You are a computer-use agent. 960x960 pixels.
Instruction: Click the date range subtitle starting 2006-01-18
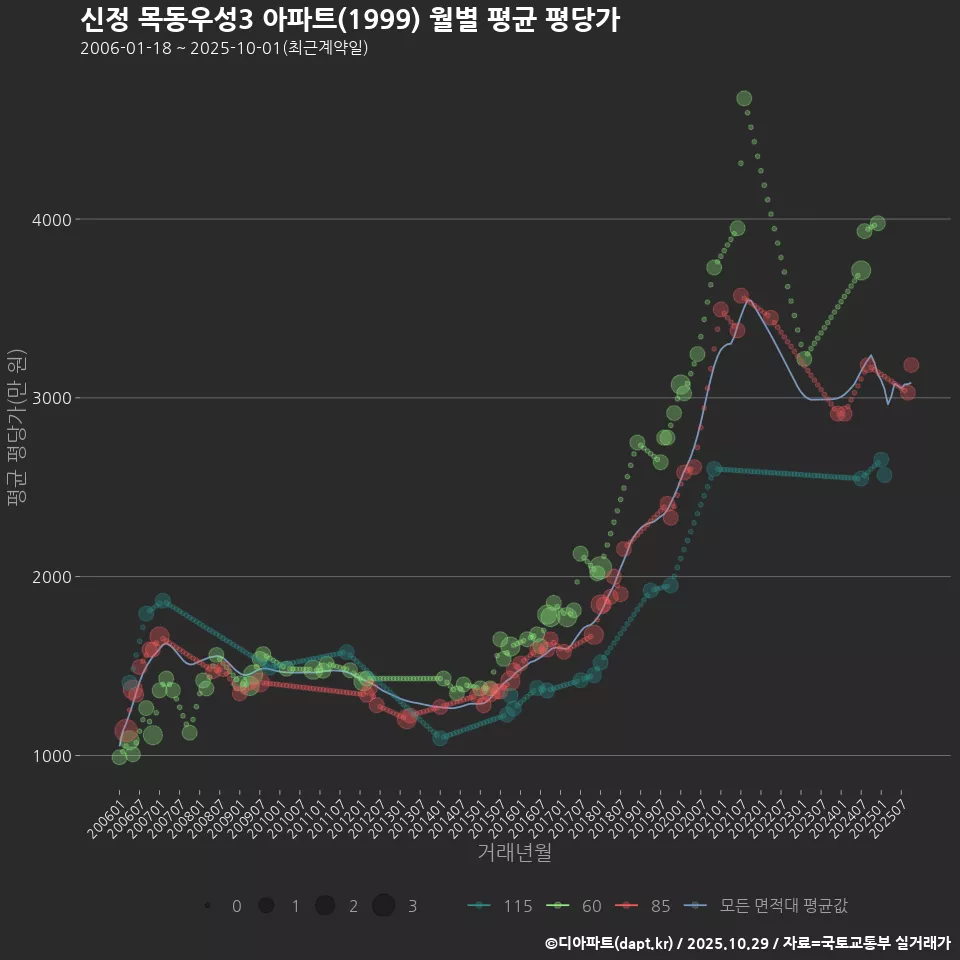pos(224,48)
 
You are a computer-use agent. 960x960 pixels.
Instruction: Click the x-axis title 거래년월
pos(514,853)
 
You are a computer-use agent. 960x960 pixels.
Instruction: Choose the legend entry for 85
pos(645,906)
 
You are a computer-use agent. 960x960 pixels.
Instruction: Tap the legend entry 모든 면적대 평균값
pos(770,906)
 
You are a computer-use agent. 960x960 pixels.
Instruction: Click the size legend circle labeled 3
pos(384,906)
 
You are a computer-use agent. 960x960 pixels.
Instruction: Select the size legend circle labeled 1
pos(266,906)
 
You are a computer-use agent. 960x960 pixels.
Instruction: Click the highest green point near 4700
pos(744,98)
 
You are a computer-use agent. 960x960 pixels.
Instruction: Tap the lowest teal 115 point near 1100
pos(440,738)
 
